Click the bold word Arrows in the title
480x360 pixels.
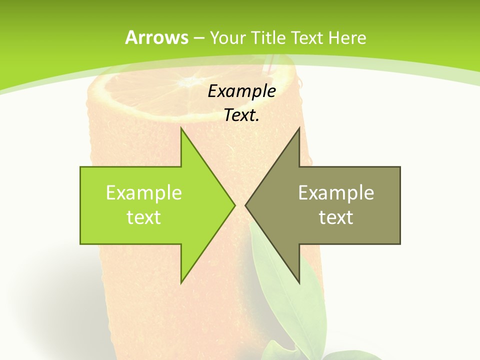click(x=156, y=37)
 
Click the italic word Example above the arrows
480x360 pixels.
click(x=241, y=91)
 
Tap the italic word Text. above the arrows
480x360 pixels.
click(x=241, y=115)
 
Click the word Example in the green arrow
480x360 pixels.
click(x=144, y=193)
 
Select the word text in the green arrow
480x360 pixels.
click(x=144, y=217)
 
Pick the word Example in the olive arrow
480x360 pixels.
click(x=336, y=193)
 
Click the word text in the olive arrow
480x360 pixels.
click(x=336, y=217)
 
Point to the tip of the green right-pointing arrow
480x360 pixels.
click(x=235, y=205)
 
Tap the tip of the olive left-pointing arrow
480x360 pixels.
click(x=245, y=205)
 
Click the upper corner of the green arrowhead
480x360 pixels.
click(x=181, y=128)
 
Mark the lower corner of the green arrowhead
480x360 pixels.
click(x=181, y=283)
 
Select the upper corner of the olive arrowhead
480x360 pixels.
click(x=299, y=128)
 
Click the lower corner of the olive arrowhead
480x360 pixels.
click(x=299, y=283)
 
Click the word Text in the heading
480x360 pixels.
click(x=309, y=37)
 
